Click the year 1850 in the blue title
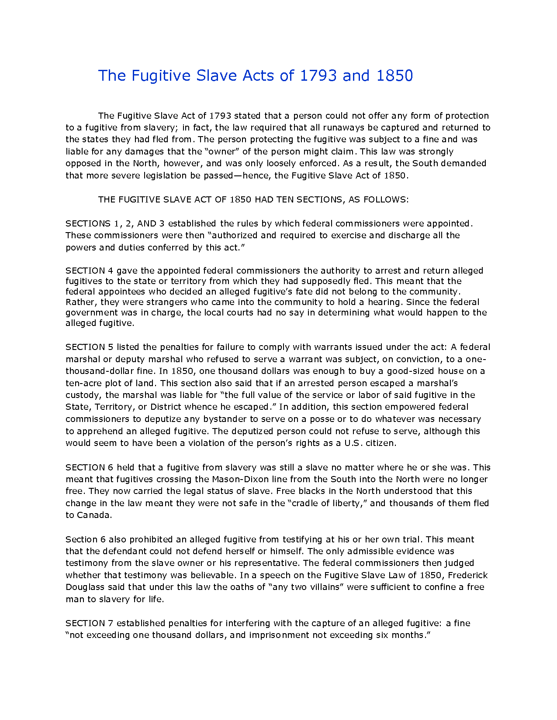point(394,75)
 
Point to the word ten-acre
point(83,383)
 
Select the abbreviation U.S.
point(353,443)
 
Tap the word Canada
point(94,515)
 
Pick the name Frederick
point(467,575)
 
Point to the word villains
point(324,587)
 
